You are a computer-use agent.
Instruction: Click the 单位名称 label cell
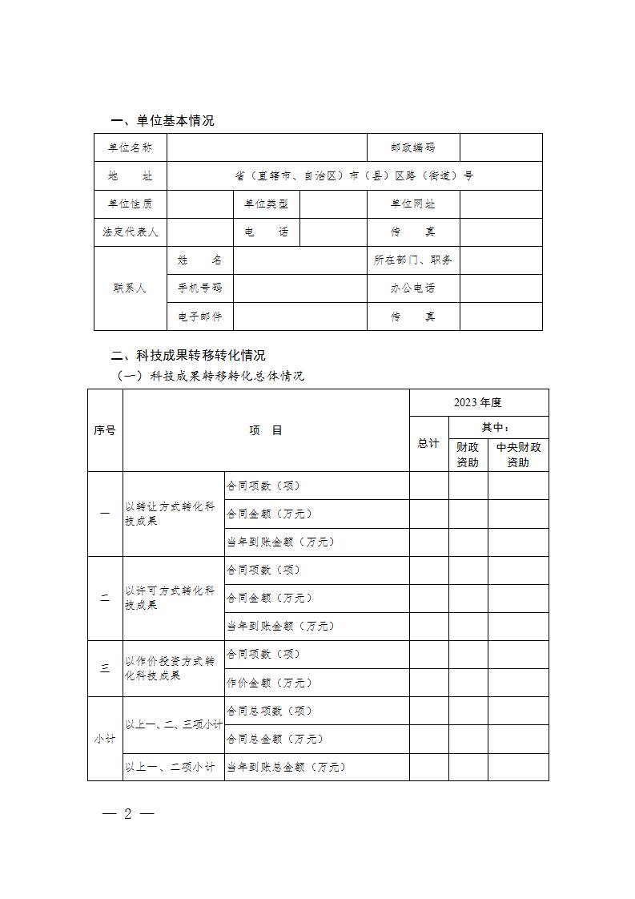(131, 147)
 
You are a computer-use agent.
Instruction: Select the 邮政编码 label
(413, 147)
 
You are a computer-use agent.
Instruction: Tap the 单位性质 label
(131, 204)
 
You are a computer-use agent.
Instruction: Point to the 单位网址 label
(413, 204)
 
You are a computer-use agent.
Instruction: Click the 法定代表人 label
(131, 232)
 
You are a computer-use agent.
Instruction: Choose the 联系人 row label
(131, 288)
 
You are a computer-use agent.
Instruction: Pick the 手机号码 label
(200, 288)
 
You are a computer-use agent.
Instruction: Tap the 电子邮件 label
(200, 316)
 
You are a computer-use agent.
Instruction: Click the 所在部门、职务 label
(413, 260)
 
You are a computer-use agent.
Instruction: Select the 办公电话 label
(413, 288)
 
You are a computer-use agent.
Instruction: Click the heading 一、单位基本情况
(163, 121)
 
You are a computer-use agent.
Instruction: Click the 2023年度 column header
(478, 402)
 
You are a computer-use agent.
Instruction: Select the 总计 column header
(428, 443)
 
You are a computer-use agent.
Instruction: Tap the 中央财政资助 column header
(518, 454)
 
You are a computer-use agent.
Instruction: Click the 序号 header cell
(105, 430)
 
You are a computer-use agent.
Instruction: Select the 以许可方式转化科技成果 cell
(171, 598)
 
